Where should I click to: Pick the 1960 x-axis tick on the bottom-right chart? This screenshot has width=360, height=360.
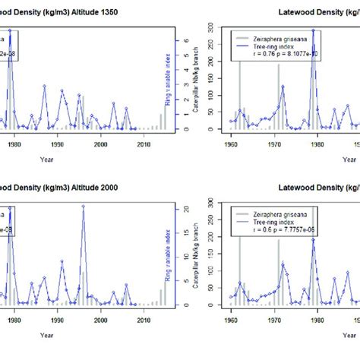pos(230,314)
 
